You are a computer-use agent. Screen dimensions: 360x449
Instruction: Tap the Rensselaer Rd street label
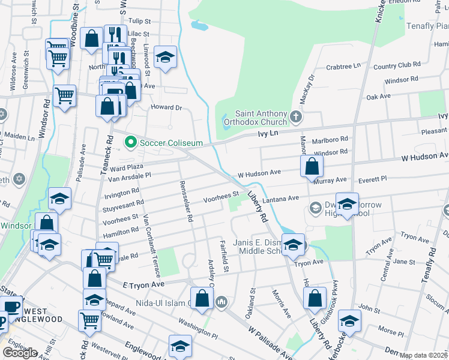[x=185, y=202]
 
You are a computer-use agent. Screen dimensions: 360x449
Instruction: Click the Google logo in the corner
[x=20, y=353]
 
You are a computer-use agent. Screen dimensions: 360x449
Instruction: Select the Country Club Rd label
[x=397, y=64]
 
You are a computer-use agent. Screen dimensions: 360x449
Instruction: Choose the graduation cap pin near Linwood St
[x=165, y=58]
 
